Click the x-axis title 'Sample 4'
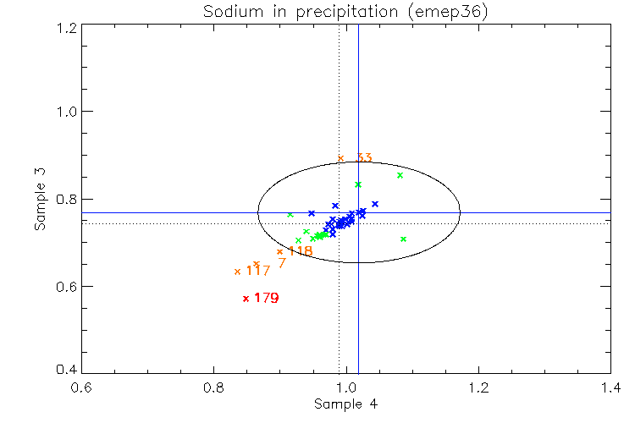[345, 404]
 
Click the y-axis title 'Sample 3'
[40, 200]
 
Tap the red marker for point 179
[246, 298]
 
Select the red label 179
[267, 298]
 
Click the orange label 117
[258, 271]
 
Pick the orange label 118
[301, 251]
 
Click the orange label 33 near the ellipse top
[365, 158]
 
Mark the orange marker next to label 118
[279, 251]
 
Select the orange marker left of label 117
[237, 272]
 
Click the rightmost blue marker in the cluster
[375, 204]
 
